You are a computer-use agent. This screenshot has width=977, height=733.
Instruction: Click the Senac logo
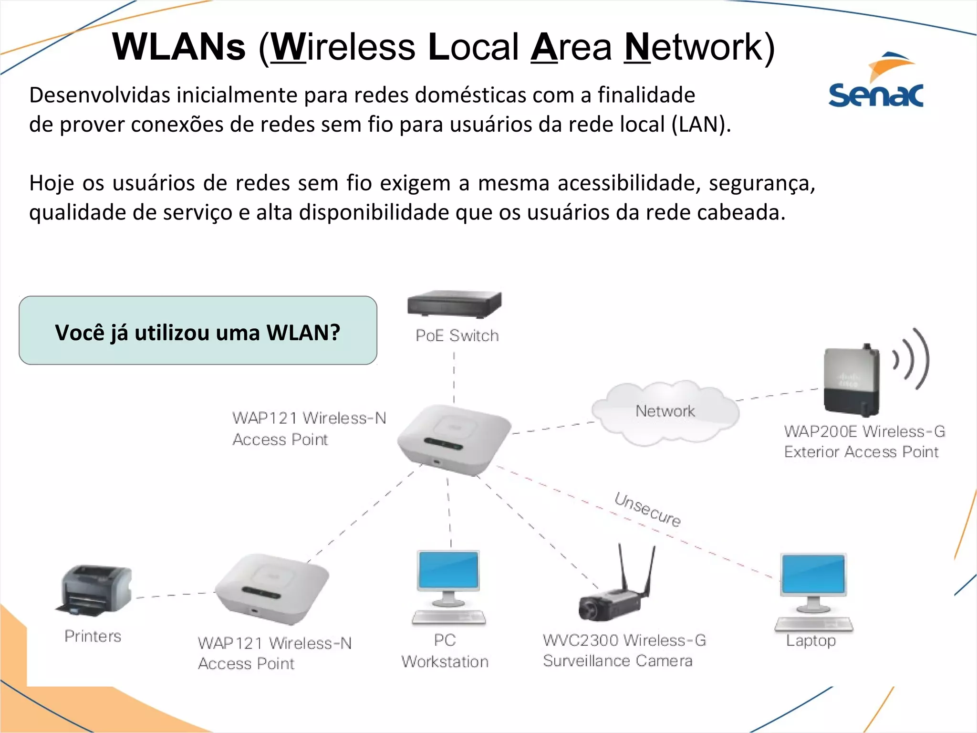pos(876,81)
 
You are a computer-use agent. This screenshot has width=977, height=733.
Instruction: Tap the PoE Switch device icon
pos(455,304)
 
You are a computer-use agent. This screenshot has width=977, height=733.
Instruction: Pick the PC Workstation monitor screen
pos(448,570)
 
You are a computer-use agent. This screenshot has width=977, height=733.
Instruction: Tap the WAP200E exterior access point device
pos(851,380)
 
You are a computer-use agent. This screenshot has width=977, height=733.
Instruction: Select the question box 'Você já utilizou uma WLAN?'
pos(198,331)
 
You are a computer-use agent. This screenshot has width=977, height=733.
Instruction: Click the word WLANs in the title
pos(179,47)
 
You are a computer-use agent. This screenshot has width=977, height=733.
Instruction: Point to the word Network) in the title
pos(699,47)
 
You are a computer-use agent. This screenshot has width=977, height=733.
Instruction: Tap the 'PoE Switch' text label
pos(457,335)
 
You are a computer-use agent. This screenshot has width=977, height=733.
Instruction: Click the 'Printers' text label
pos(93,636)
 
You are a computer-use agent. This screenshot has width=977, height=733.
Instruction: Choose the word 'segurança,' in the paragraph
pos(762,184)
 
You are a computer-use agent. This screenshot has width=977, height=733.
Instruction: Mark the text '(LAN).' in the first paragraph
pos(701,125)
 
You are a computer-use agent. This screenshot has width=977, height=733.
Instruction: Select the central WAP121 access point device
pos(453,439)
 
